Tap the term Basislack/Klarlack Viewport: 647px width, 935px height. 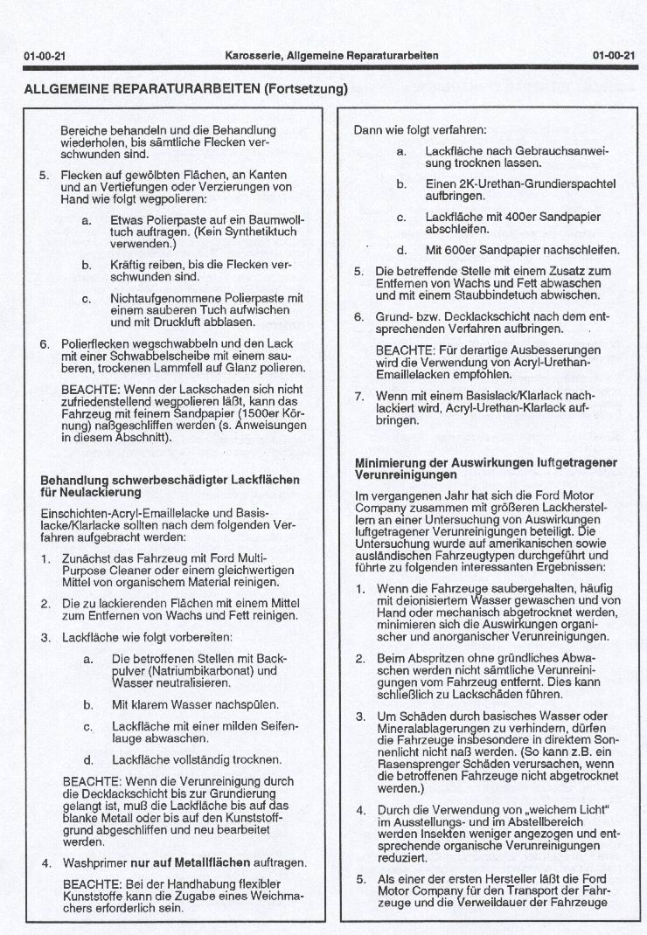(x=506, y=396)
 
